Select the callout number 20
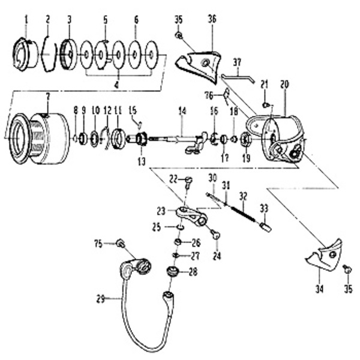(284, 85)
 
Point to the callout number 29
(100, 298)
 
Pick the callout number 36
(212, 19)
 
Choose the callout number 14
(182, 111)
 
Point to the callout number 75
(99, 243)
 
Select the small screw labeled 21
(265, 105)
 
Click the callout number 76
(208, 94)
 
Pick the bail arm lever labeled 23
(194, 215)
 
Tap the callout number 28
(193, 272)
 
